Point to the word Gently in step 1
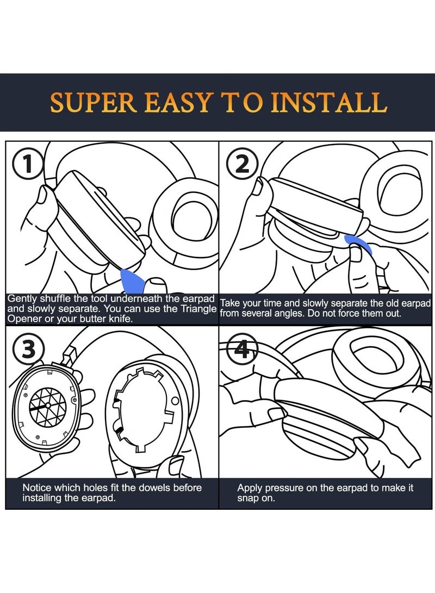pyautogui.click(x=22, y=299)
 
